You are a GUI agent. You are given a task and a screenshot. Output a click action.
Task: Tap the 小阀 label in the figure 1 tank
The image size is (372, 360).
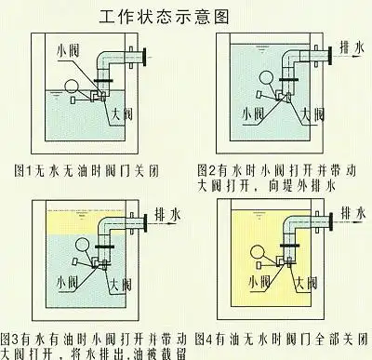pyautogui.click(x=69, y=49)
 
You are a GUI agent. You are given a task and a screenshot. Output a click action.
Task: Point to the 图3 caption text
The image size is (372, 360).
pyautogui.click(x=93, y=344)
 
